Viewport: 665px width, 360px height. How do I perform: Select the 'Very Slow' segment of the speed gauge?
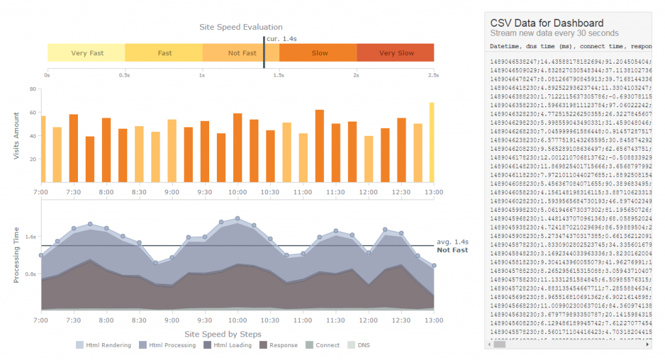tap(395, 53)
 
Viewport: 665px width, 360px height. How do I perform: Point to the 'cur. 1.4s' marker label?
tap(282, 39)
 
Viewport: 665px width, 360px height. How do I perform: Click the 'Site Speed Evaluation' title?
tap(240, 27)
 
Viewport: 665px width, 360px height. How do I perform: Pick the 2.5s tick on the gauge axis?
tap(433, 75)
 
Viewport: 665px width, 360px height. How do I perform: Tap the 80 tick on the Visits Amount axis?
tap(32, 90)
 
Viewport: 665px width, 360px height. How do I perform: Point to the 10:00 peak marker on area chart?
tap(238, 219)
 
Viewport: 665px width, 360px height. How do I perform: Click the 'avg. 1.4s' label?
tap(452, 242)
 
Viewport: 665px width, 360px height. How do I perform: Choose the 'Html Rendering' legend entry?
tap(104, 345)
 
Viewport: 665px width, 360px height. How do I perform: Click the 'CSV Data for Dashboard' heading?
tap(546, 23)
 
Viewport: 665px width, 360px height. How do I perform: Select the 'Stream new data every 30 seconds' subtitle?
tap(554, 33)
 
